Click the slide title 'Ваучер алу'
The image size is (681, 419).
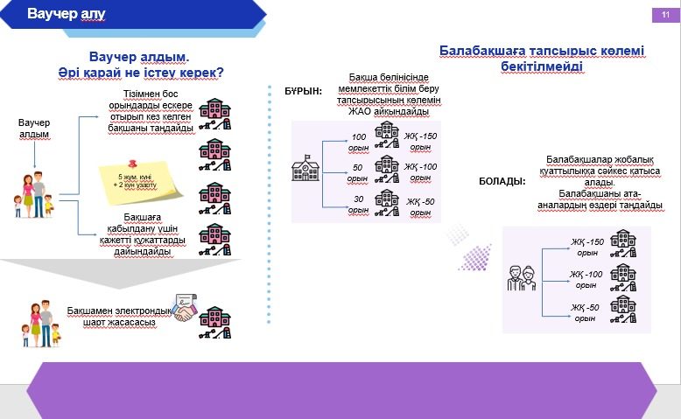coord(67,14)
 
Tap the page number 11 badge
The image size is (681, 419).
coord(664,15)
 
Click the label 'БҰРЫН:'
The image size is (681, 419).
coord(303,91)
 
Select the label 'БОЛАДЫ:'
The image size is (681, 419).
coord(502,181)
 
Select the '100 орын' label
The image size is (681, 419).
coord(358,141)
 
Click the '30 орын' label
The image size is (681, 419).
coord(358,205)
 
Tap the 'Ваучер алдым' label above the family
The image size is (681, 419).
coord(35,129)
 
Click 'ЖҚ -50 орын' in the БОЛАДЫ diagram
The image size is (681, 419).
coord(586,312)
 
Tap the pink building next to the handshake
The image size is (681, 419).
coord(215,323)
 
